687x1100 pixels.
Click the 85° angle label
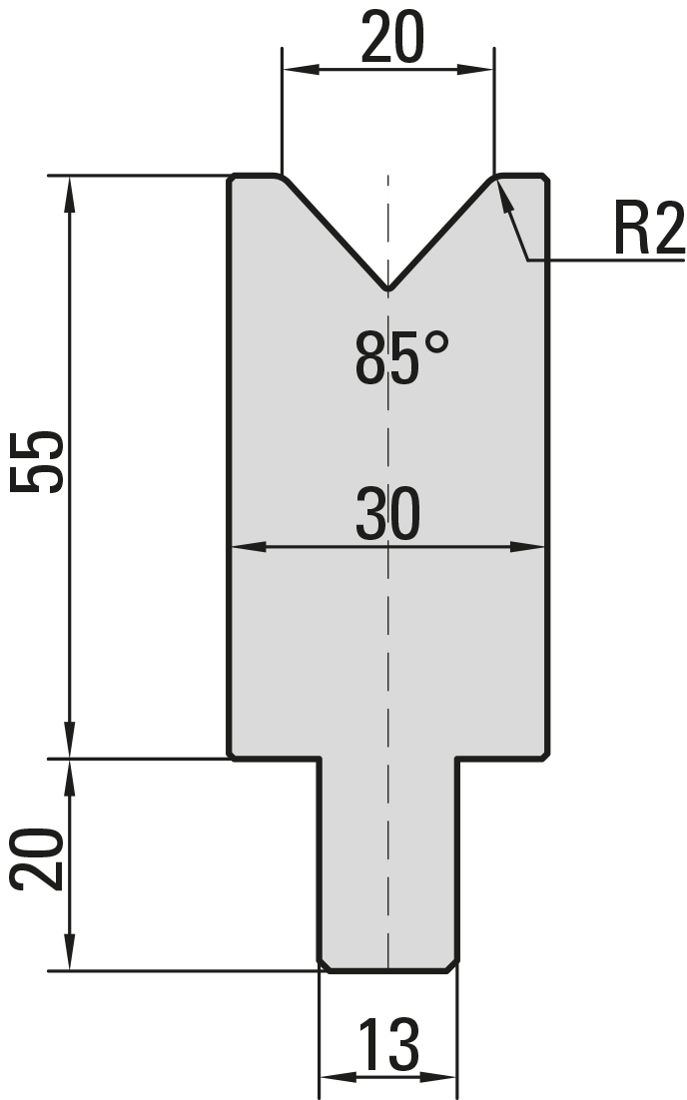pos(401,358)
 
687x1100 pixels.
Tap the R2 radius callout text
pos(648,229)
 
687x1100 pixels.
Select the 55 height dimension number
pos(37,462)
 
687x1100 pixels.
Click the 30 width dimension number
pos(388,514)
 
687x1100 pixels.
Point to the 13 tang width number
pos(388,1044)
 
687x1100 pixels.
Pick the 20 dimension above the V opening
pos(393,36)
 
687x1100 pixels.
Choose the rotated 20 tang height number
pos(37,859)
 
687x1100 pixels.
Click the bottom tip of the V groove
pos(388,288)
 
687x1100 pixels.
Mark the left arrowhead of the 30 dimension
pos(248,546)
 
